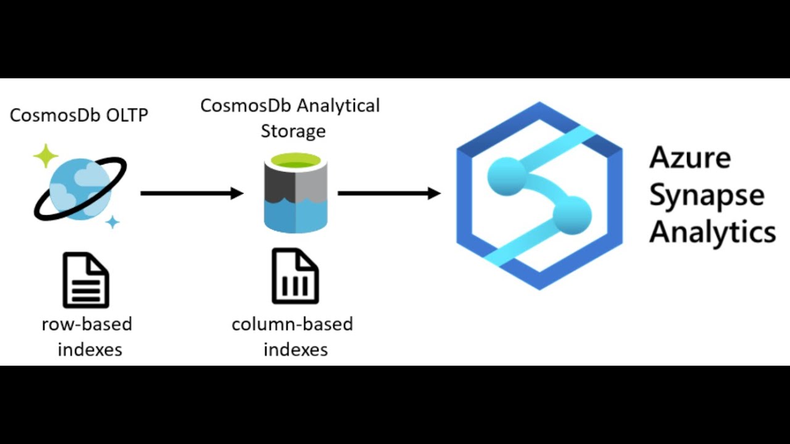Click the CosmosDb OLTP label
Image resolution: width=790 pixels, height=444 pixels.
79,115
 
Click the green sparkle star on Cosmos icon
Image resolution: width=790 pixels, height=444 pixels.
46,156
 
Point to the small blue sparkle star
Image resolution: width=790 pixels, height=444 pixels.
112,221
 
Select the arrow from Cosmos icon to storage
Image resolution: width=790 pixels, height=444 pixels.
192,194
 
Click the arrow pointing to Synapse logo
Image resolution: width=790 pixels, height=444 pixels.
389,194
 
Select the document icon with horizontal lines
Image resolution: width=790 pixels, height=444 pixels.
86,281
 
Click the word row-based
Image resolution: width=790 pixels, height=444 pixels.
87,324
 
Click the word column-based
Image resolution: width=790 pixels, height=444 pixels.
293,324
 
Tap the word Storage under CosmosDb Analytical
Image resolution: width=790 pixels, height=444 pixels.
293,131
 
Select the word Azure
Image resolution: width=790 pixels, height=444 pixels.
690,158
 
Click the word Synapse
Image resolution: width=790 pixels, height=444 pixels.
707,196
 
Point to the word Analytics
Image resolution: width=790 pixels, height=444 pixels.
712,233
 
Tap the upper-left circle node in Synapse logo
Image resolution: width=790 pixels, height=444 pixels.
505,175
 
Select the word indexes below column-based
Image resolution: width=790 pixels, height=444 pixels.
296,350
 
